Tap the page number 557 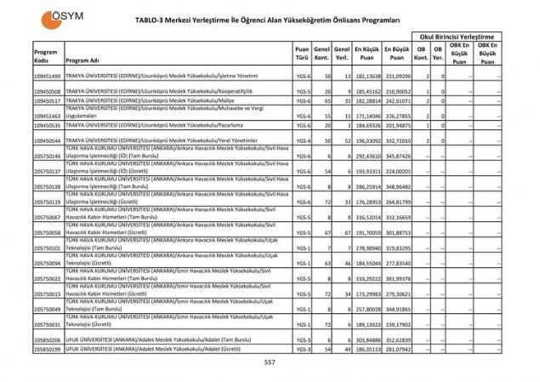270,362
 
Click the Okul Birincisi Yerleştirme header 457,37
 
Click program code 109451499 47,77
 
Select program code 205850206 47,339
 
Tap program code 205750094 47,264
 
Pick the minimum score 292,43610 367,157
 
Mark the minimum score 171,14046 367,115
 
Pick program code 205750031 47,324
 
